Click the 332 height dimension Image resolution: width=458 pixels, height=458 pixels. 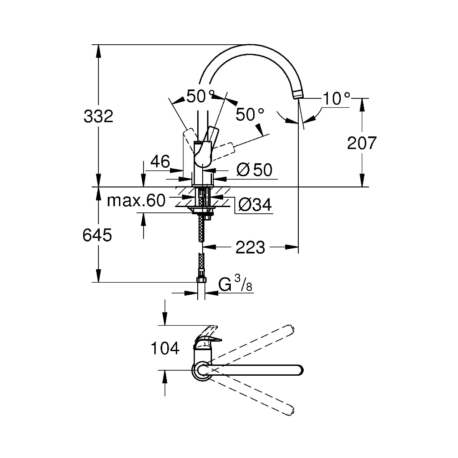click(x=98, y=116)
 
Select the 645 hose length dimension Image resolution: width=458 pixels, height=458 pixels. click(x=97, y=235)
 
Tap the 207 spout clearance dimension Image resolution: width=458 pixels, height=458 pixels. click(x=362, y=143)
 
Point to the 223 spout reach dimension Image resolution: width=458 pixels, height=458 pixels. click(x=250, y=247)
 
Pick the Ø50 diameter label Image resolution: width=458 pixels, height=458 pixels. click(x=254, y=170)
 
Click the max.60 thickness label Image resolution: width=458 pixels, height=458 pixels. click(x=136, y=200)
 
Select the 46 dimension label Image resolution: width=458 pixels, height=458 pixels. click(x=160, y=161)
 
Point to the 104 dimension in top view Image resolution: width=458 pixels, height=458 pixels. click(x=165, y=348)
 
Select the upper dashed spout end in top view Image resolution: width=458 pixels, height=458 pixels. click(x=289, y=330)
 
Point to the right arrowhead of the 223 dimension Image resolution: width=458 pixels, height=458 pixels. click(x=292, y=247)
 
